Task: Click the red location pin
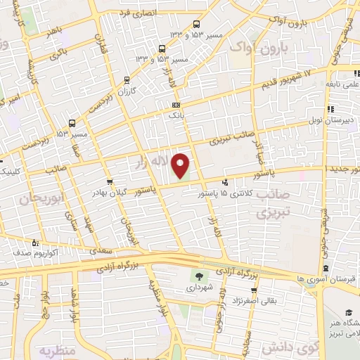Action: pos(182,165)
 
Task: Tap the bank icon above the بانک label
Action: pos(175,105)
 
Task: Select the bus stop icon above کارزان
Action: pos(127,80)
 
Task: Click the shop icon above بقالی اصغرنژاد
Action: pos(253,290)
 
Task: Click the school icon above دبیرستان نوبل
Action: pos(330,110)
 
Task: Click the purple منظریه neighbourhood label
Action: pos(56,349)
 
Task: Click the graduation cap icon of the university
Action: pos(349,313)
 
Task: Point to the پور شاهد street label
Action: pos(58,299)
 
